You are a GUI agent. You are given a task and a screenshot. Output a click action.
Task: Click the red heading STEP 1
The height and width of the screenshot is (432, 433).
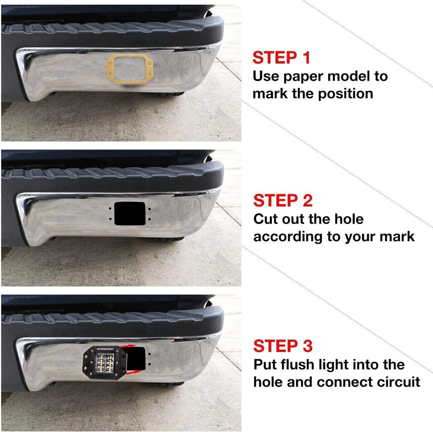point(281,58)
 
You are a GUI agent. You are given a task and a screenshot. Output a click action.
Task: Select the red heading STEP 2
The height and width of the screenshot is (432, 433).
point(283,200)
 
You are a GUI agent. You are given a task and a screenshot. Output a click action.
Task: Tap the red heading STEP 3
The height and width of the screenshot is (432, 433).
point(283,346)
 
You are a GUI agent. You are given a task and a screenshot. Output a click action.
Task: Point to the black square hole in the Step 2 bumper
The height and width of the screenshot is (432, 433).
point(129,213)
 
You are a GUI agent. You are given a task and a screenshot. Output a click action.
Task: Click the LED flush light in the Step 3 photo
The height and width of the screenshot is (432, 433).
point(105,362)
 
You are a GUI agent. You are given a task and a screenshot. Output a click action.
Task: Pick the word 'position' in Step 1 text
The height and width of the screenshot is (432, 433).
point(345,94)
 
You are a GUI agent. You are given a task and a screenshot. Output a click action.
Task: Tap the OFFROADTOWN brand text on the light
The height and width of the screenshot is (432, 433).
point(106,349)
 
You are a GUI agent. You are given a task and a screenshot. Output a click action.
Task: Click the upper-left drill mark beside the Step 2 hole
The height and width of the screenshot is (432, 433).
point(110,209)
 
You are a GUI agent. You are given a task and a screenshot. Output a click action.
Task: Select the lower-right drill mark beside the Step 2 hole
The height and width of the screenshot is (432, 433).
point(149,219)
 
